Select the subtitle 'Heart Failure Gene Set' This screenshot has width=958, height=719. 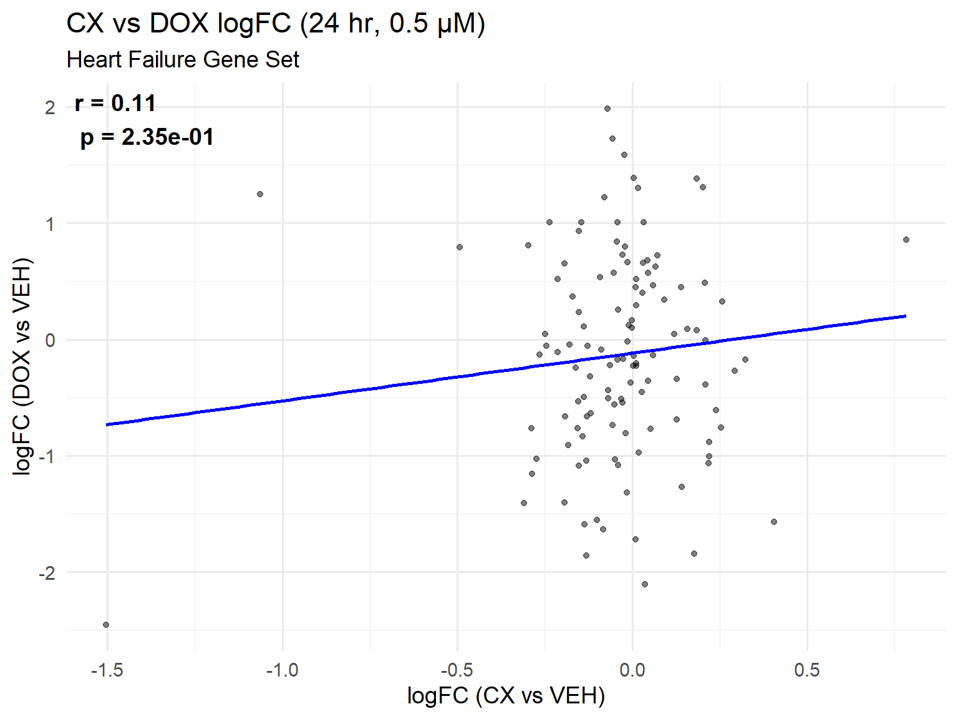[183, 60]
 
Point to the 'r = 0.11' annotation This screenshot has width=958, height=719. [115, 104]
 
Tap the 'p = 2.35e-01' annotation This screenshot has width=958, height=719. [147, 137]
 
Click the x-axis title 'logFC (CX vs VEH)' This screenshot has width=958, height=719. [506, 695]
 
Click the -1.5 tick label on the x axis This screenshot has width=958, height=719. [107, 671]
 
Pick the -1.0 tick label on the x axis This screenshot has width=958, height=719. [282, 671]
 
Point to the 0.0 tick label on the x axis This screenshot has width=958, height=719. [632, 671]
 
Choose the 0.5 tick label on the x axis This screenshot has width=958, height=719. [807, 671]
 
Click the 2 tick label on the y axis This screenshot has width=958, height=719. [50, 108]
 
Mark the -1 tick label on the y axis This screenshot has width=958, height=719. [47, 457]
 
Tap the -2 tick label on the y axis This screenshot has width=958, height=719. [47, 573]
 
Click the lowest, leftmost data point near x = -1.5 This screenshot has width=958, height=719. [106, 625]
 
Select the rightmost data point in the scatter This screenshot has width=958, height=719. [906, 240]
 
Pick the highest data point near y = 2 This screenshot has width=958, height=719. [607, 109]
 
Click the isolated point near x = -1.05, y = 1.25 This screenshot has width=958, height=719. [260, 194]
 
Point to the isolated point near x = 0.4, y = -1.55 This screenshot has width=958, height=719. [774, 522]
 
